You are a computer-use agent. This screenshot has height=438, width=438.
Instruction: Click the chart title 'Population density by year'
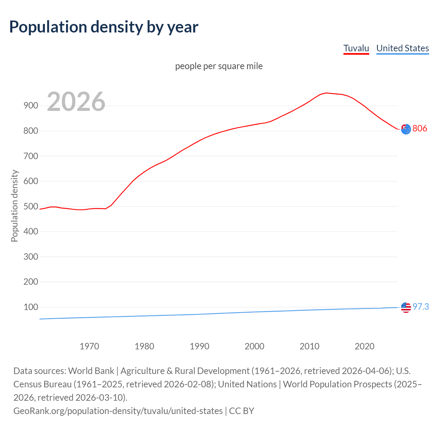pyautogui.click(x=104, y=27)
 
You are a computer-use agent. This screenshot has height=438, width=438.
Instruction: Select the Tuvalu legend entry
pyautogui.click(x=356, y=48)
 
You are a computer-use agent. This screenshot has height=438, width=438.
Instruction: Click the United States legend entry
pyautogui.click(x=402, y=48)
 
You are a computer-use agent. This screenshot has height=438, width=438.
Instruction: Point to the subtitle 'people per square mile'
pyautogui.click(x=219, y=66)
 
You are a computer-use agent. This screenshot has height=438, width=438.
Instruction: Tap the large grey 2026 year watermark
pyautogui.click(x=76, y=102)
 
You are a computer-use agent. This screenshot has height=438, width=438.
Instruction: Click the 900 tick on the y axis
pyautogui.click(x=31, y=106)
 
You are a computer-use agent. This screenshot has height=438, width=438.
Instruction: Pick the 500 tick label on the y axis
pyautogui.click(x=31, y=206)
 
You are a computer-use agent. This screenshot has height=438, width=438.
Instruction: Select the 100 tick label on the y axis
pyautogui.click(x=31, y=307)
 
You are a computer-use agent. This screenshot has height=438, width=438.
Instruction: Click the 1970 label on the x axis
pyautogui.click(x=89, y=346)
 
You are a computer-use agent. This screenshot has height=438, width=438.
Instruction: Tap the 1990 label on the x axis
pyautogui.click(x=199, y=346)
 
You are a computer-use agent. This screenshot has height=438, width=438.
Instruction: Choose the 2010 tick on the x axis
pyautogui.click(x=309, y=346)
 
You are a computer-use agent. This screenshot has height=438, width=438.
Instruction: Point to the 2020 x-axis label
pyautogui.click(x=364, y=346)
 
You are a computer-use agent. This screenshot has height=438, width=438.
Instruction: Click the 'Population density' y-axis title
pyautogui.click(x=14, y=206)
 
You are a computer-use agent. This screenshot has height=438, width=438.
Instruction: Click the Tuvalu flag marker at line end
pyautogui.click(x=406, y=129)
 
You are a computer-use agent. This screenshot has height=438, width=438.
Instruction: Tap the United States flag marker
pyautogui.click(x=406, y=308)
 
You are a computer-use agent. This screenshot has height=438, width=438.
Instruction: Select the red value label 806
pyautogui.click(x=420, y=129)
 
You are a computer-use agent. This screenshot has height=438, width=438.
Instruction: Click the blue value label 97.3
pyautogui.click(x=421, y=307)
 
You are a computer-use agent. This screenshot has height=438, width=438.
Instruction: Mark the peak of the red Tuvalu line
pyautogui.click(x=326, y=93)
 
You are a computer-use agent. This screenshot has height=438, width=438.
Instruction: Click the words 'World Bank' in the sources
pyautogui.click(x=91, y=371)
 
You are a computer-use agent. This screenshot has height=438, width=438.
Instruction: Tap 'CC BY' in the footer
pyautogui.click(x=242, y=411)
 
